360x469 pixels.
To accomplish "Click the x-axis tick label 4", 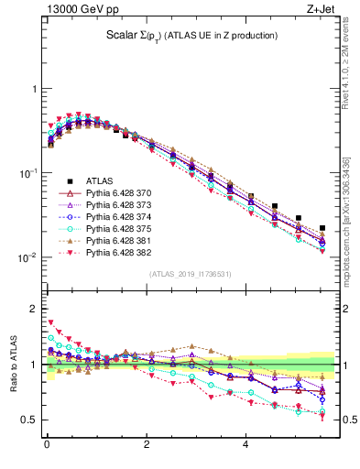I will (x=245, y=445).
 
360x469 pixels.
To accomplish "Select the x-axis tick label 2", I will (x=147, y=445).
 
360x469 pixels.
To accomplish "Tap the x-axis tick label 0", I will (x=47, y=445).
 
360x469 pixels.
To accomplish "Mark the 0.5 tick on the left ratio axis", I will (x=30, y=420).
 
